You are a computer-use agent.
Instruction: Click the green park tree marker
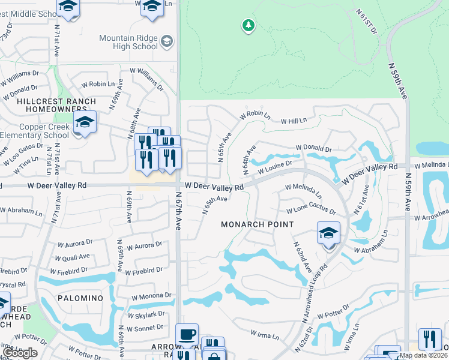click(248, 25)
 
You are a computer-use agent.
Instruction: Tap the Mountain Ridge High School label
click(128, 42)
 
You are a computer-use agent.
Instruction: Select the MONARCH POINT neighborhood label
click(257, 224)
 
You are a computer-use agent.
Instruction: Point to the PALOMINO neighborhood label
click(80, 298)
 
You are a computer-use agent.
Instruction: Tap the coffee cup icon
click(187, 334)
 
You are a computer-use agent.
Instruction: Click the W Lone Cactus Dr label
click(311, 210)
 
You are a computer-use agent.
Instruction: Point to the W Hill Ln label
click(294, 121)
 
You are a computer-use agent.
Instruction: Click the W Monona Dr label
click(152, 296)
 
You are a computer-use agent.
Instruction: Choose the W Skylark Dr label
click(146, 314)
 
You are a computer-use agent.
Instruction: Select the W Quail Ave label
click(73, 257)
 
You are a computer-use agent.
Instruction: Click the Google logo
click(20, 353)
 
